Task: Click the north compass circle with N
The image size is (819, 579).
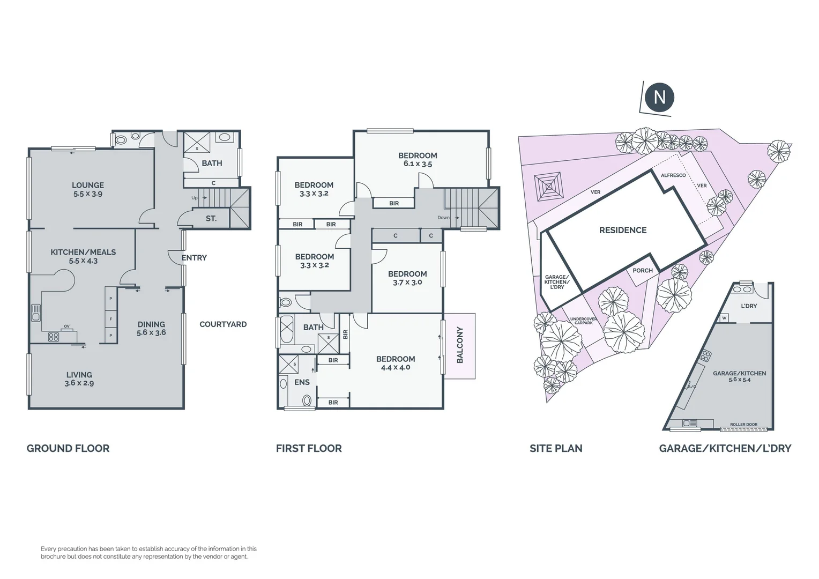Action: (659, 98)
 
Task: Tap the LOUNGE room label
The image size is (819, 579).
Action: (88, 185)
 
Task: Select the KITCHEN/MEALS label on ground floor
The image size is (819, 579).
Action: (83, 252)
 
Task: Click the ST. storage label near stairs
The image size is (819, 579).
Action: (211, 219)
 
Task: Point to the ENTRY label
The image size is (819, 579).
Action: (194, 258)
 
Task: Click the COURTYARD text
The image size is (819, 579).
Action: (223, 324)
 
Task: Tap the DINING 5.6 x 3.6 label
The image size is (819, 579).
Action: (151, 328)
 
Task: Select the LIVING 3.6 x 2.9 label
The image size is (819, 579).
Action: (79, 378)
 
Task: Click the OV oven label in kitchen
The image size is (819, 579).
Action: (67, 326)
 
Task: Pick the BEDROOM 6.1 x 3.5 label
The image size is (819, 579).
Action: (418, 159)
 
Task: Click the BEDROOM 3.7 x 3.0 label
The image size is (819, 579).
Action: (407, 278)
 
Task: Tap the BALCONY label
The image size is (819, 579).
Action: (460, 345)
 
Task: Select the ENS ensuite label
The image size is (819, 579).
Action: (302, 382)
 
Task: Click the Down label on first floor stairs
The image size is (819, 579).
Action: (443, 218)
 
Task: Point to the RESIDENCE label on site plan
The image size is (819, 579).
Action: (623, 231)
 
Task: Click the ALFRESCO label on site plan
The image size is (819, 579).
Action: (673, 175)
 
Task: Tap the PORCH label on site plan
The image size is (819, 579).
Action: (643, 271)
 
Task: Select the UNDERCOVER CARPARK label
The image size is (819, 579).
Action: (583, 321)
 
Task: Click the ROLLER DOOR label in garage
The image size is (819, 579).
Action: (744, 425)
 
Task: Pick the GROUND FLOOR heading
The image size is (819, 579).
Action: (68, 449)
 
